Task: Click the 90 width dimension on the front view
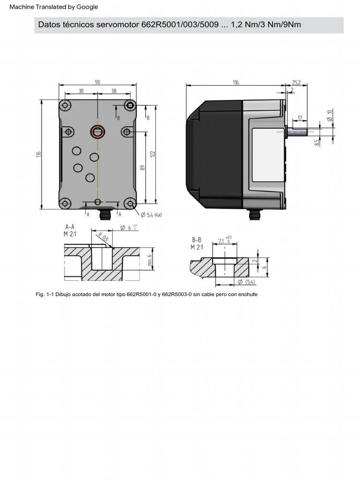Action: [97, 82]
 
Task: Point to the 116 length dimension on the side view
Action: [235, 82]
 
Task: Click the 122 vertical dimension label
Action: [153, 154]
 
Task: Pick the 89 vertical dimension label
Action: [143, 167]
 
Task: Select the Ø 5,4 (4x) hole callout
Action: [151, 215]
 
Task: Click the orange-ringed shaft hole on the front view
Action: [97, 132]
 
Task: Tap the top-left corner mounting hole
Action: [65, 105]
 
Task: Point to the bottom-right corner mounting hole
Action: [130, 203]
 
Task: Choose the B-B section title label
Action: [197, 240]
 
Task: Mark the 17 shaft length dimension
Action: [300, 118]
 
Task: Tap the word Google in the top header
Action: [88, 7]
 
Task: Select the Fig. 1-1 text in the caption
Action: [45, 295]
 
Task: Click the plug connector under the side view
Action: [255, 214]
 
